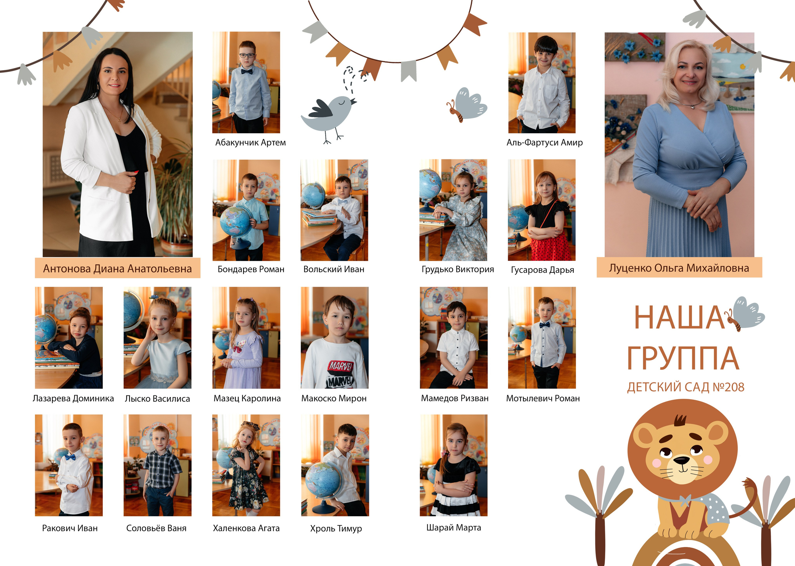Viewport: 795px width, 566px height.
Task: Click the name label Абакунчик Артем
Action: [251, 143]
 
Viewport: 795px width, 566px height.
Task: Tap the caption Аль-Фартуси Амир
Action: [544, 143]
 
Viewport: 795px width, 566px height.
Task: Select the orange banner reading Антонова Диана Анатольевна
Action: [117, 268]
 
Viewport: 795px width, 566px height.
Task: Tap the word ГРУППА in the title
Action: [683, 358]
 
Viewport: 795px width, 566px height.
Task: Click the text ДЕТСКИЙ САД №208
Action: [686, 387]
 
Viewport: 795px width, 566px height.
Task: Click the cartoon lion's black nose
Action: [681, 461]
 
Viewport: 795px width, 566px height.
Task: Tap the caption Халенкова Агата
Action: [246, 528]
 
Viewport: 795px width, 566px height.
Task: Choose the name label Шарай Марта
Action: [454, 528]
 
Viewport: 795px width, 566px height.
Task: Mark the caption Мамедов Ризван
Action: [455, 398]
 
